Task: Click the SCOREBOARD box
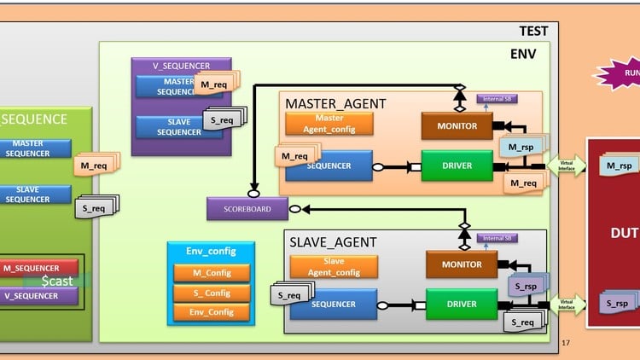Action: (247, 208)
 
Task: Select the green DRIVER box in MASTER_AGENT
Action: (457, 165)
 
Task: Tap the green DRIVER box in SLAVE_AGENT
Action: (463, 304)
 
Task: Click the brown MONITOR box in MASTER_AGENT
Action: (457, 125)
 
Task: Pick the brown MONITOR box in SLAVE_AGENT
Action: (462, 264)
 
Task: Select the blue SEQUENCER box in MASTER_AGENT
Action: (329, 165)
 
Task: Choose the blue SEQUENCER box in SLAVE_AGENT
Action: (334, 304)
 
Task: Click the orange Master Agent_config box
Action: (329, 123)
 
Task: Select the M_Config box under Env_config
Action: (211, 273)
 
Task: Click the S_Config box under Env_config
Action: (211, 293)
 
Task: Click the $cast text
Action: (57, 281)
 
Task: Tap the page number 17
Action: (565, 343)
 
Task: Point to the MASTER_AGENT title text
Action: (335, 103)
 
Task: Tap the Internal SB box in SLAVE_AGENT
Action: (497, 238)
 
